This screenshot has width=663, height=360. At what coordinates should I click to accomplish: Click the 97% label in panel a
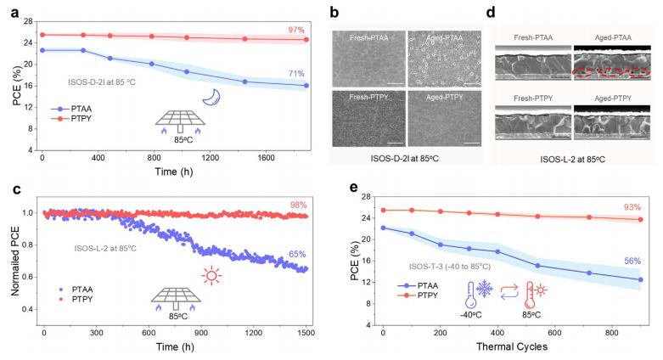tap(295, 30)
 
